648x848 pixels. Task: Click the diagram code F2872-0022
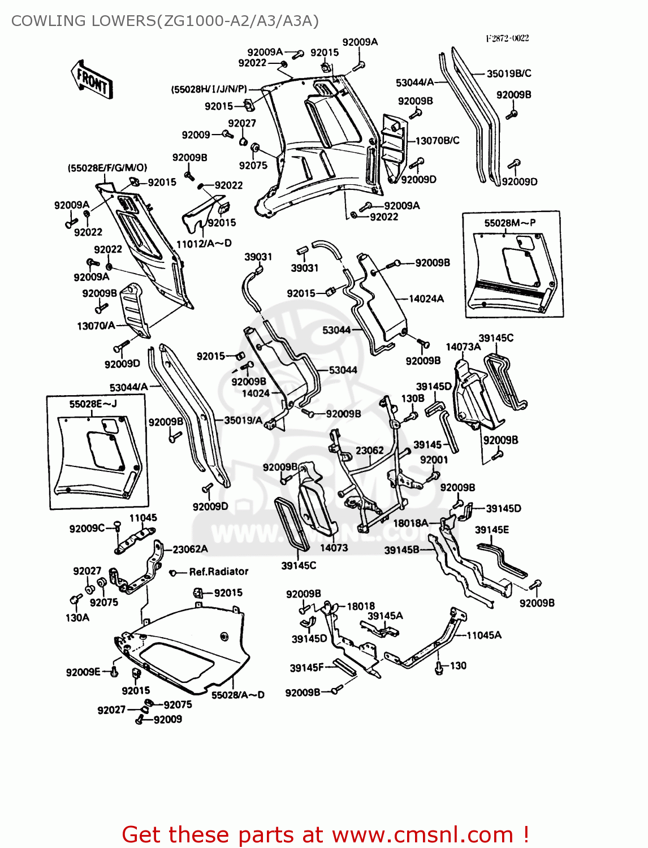coord(507,38)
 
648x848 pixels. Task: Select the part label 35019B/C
coord(509,73)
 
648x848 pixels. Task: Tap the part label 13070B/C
coord(437,140)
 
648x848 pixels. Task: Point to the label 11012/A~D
coord(204,244)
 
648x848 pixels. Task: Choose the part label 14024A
coord(426,298)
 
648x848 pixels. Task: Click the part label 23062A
coord(190,549)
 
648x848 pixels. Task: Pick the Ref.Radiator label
coord(218,572)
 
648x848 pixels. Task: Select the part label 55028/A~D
coord(237,695)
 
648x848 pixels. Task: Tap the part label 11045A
coord(483,635)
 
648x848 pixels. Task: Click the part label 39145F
coord(306,668)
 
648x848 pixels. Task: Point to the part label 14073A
coord(463,347)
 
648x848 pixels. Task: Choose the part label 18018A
coord(411,523)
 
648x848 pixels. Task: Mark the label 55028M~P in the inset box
coord(509,223)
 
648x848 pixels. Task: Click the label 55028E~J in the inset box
coord(93,404)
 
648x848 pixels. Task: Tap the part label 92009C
coord(87,529)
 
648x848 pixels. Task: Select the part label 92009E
coord(83,672)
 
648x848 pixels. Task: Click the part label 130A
coord(77,617)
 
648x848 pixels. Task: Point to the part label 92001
coord(434,460)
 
